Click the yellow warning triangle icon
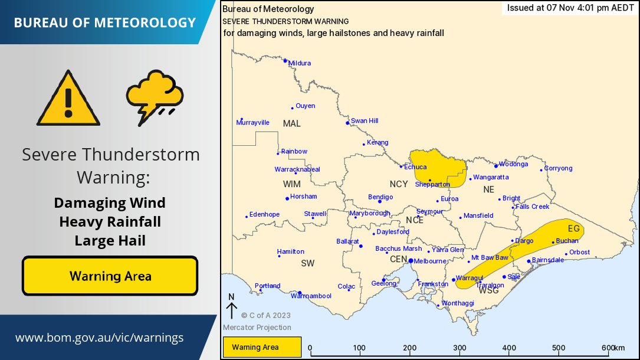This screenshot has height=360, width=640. [69, 99]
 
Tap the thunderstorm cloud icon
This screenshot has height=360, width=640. [155, 96]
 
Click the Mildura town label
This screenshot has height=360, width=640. [299, 63]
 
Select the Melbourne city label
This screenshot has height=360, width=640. [429, 261]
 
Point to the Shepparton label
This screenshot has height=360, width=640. [433, 184]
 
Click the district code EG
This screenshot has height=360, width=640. [573, 228]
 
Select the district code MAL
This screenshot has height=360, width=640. [291, 123]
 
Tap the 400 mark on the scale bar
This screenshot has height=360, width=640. [510, 348]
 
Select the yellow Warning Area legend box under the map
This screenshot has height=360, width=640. [262, 347]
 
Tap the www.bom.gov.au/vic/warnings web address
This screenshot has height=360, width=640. [99, 338]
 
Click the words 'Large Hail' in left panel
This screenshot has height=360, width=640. [110, 240]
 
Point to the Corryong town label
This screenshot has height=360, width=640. [558, 168]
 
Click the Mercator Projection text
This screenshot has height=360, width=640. [257, 328]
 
